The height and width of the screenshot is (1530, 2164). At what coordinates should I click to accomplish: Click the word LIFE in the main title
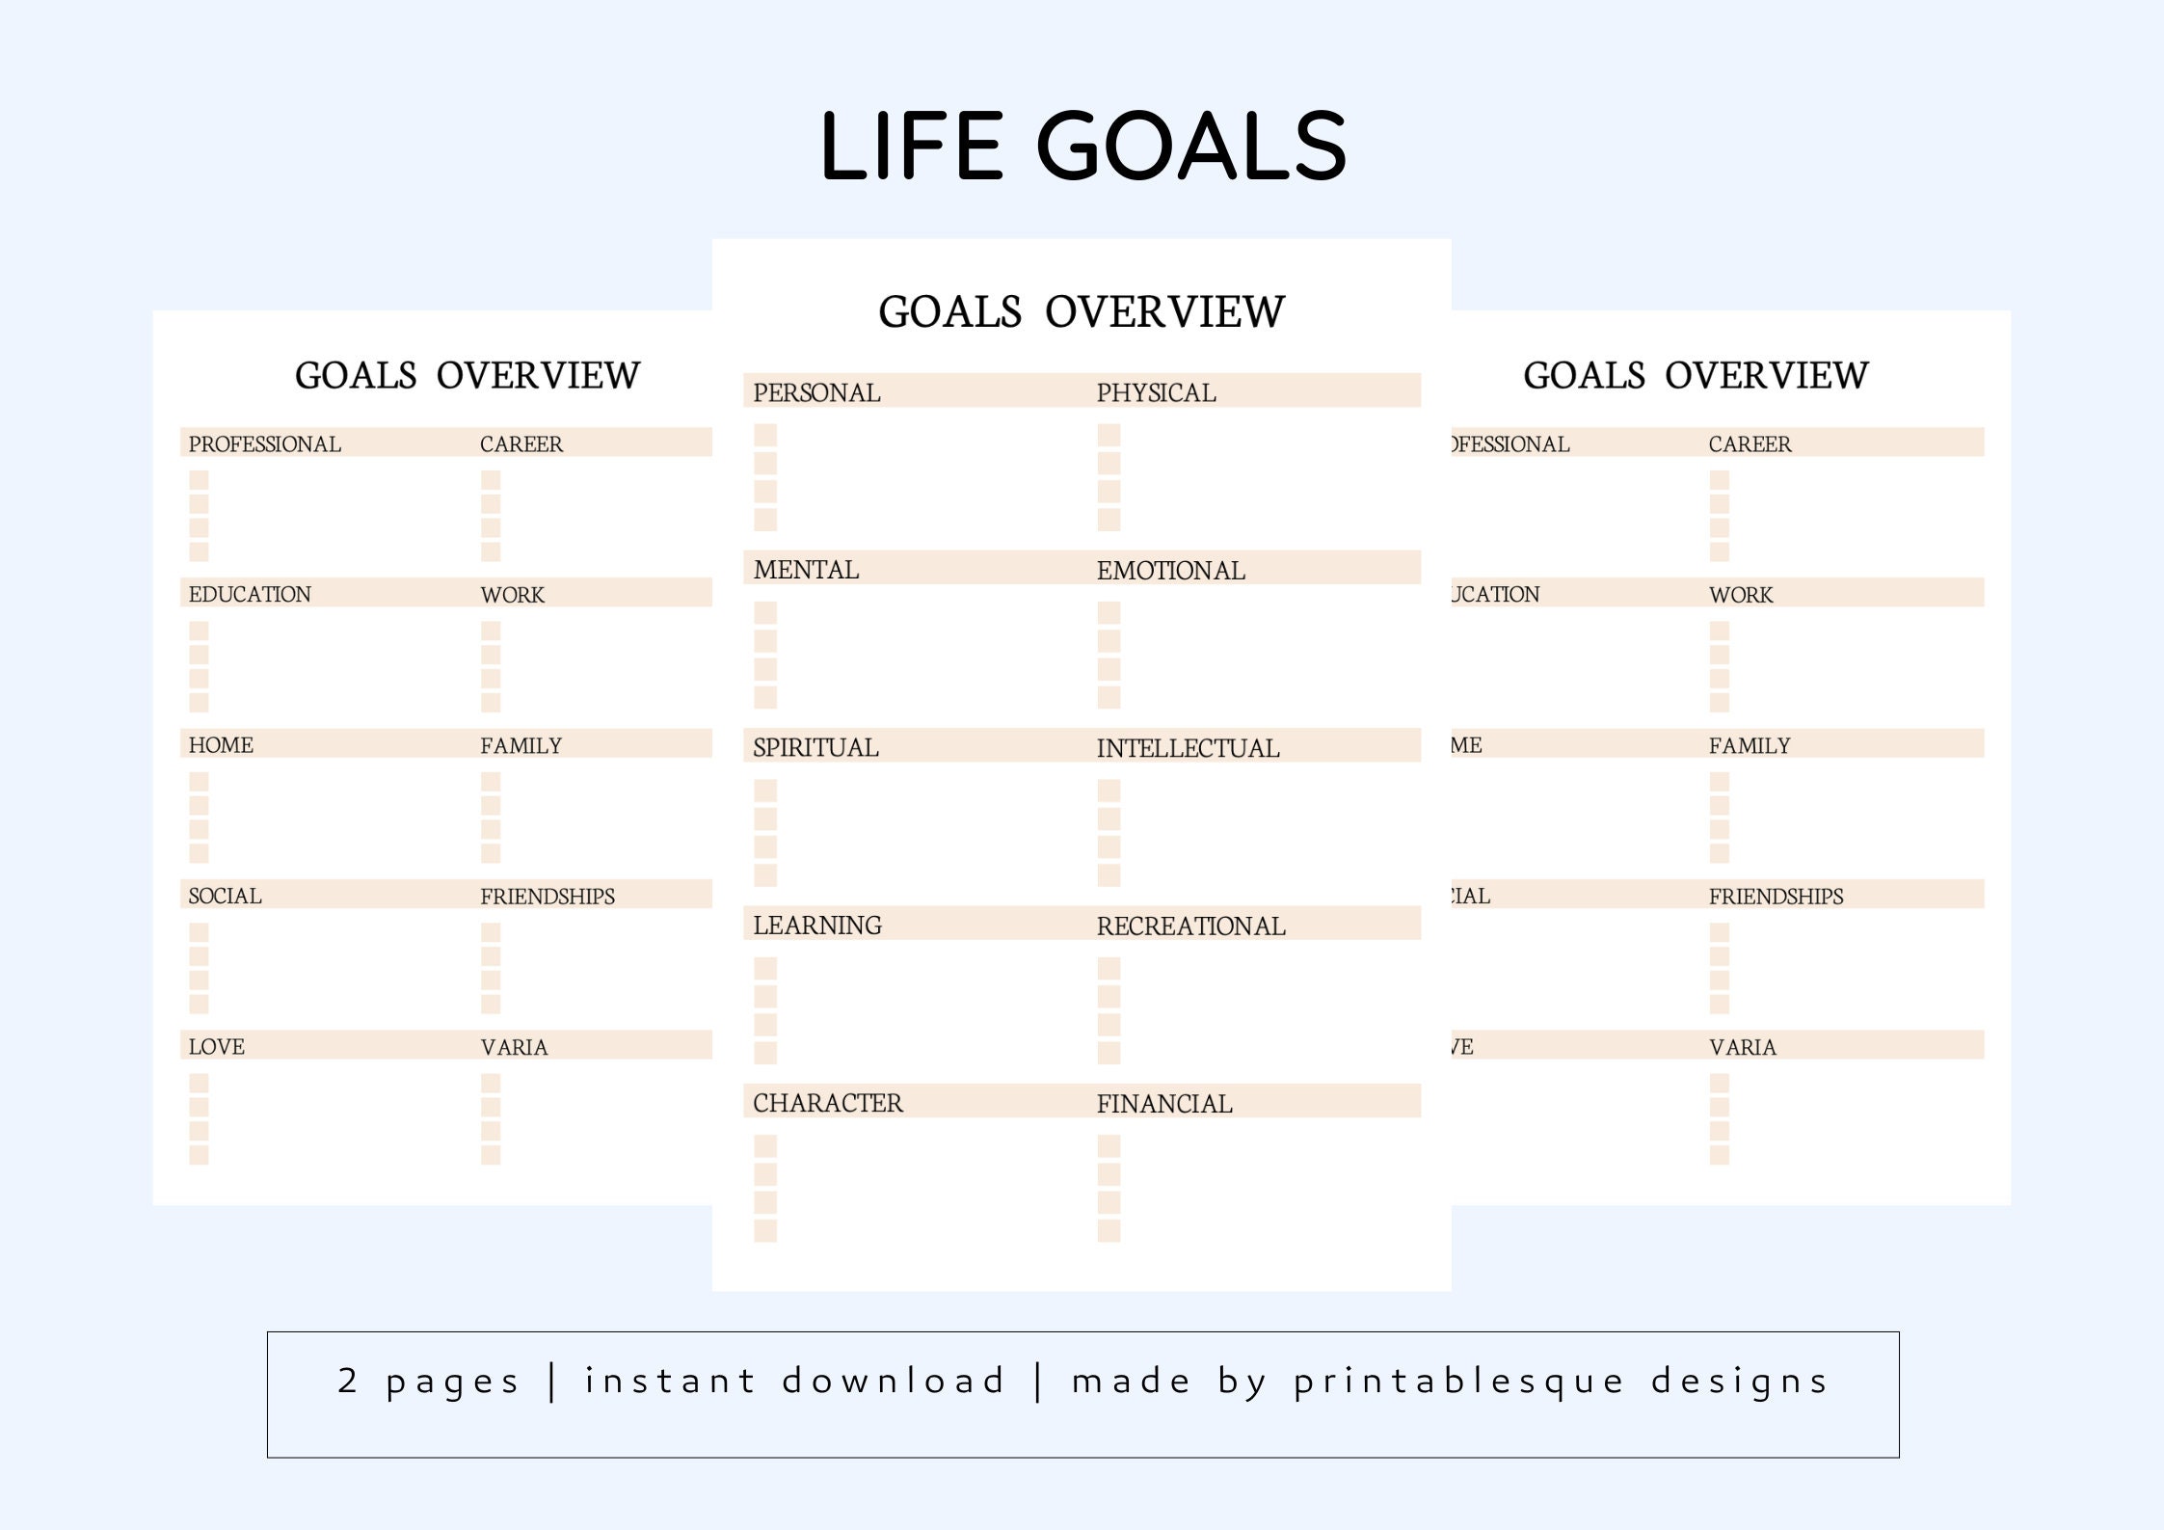(x=912, y=147)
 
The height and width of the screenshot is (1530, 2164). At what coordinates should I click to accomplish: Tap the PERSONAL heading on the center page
(x=816, y=392)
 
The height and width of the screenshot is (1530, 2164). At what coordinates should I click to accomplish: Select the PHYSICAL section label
(x=1156, y=392)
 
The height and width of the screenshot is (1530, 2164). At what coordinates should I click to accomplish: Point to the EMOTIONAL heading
(x=1170, y=570)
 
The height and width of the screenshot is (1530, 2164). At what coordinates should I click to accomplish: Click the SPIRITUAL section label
(x=815, y=747)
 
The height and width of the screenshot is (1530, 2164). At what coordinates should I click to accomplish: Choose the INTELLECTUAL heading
(x=1188, y=748)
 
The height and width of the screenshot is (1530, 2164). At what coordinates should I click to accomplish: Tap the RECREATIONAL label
(x=1190, y=926)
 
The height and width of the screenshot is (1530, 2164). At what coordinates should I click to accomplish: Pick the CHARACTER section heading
(x=827, y=1103)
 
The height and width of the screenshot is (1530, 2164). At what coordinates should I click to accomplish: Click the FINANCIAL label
(x=1163, y=1103)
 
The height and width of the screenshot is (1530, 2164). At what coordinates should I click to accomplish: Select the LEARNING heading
(x=816, y=926)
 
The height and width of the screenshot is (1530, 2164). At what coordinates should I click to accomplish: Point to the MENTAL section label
(x=806, y=570)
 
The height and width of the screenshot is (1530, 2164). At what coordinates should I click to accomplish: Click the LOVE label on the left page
(x=216, y=1047)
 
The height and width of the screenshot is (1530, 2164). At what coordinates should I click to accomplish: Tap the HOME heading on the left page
(x=221, y=745)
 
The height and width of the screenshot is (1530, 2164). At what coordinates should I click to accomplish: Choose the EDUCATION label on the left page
(x=250, y=594)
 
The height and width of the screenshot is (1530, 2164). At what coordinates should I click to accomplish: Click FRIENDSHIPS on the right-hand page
(x=1776, y=897)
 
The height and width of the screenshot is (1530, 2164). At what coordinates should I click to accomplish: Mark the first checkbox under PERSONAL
(x=765, y=435)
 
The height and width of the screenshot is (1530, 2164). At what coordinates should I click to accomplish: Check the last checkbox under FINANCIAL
(x=1109, y=1230)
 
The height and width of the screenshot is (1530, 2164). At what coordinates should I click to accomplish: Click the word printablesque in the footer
(x=1458, y=1382)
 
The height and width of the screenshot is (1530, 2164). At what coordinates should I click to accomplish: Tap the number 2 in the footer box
(x=347, y=1381)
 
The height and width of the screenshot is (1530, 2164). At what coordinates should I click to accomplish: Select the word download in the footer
(x=893, y=1381)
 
